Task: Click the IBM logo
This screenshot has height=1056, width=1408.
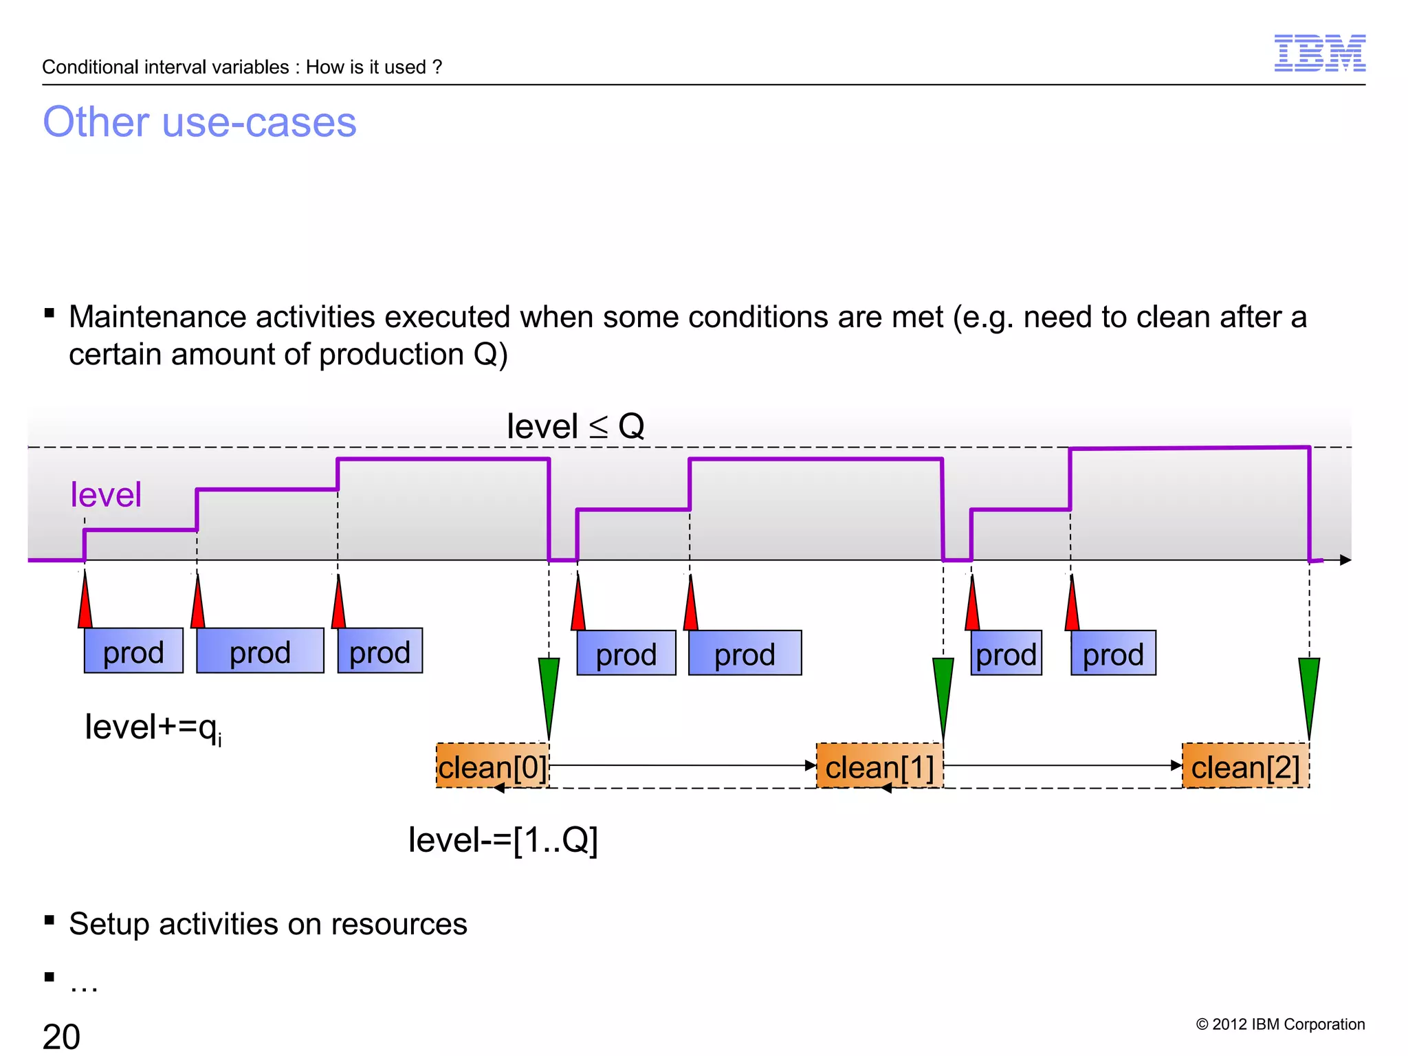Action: click(1319, 53)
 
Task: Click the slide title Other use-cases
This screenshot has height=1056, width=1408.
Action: click(199, 122)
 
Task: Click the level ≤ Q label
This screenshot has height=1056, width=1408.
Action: click(575, 426)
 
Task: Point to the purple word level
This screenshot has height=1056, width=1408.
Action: click(106, 495)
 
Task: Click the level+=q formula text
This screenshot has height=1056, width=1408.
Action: click(153, 727)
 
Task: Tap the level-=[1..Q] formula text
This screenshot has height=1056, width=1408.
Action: click(503, 839)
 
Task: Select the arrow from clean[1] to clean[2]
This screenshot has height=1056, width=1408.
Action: click(1062, 764)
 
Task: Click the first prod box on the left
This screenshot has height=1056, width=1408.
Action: click(133, 651)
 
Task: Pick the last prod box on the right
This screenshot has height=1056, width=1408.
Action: click(1113, 653)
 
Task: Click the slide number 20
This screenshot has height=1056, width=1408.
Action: click(61, 1036)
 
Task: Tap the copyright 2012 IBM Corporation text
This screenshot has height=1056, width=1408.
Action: click(1280, 1024)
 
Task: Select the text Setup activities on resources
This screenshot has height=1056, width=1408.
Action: click(267, 924)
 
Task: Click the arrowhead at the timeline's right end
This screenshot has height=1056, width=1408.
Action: click(1345, 560)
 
